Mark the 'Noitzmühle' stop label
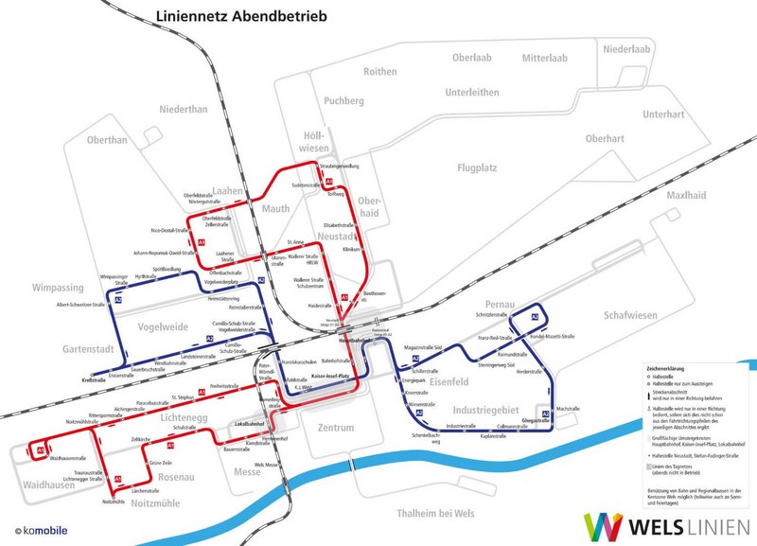pyautogui.click(x=113, y=502)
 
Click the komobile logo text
pyautogui.click(x=44, y=531)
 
